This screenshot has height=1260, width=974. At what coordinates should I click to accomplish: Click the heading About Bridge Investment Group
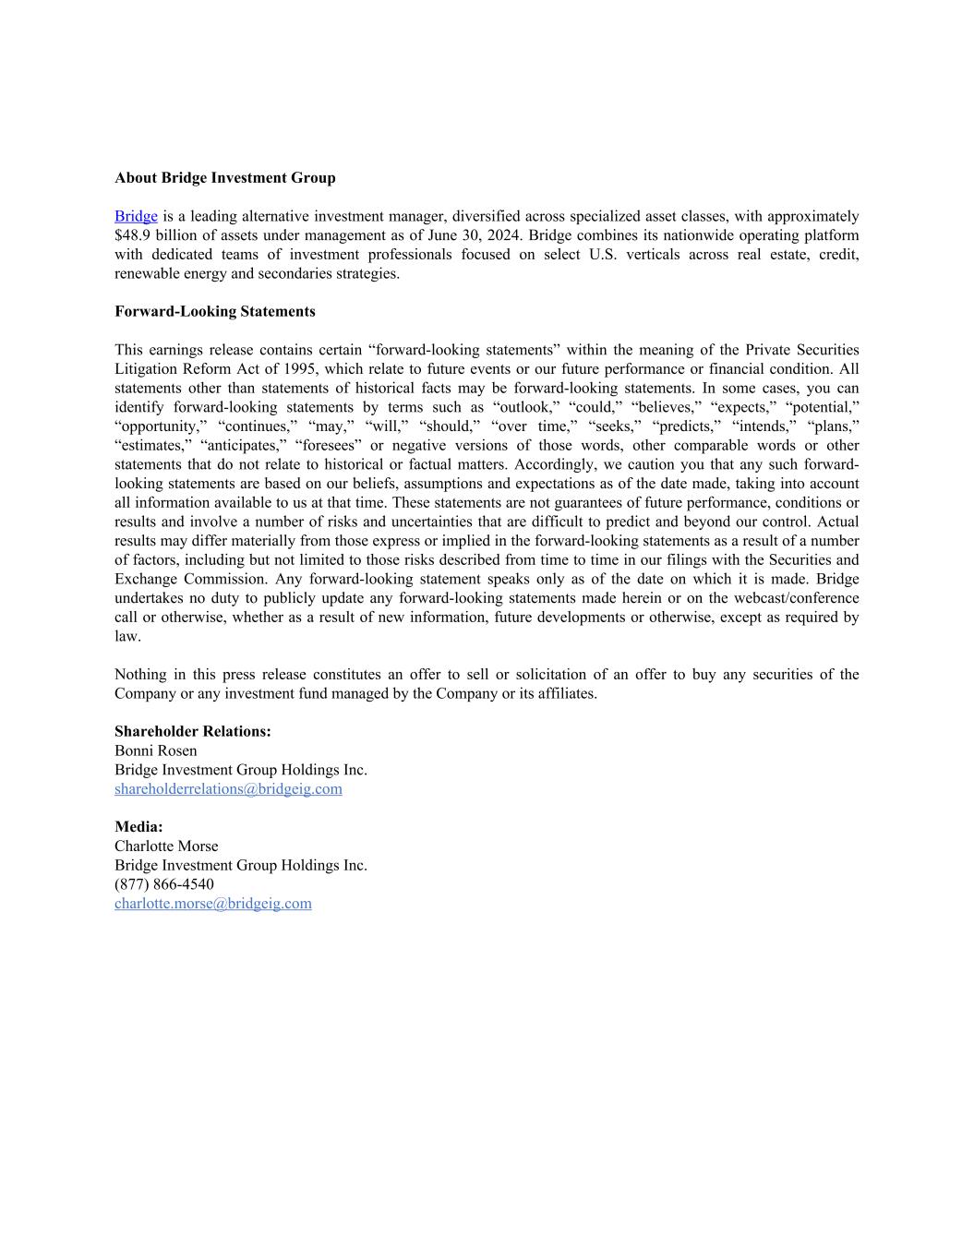224,178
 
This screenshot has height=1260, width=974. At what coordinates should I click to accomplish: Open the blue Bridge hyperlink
136,217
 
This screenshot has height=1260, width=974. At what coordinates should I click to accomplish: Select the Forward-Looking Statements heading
214,312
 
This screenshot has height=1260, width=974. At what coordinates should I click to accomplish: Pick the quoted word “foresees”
328,446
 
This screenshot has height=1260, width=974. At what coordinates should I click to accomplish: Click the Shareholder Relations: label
192,732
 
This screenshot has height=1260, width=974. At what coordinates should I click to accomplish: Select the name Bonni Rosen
155,751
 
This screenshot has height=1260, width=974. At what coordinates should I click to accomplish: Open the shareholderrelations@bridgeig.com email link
228,789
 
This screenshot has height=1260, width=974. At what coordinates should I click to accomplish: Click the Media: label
138,827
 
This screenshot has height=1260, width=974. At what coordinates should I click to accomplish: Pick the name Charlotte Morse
166,846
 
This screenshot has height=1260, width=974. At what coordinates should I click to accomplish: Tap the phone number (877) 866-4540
163,884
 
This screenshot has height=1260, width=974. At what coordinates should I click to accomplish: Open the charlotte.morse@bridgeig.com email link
212,904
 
